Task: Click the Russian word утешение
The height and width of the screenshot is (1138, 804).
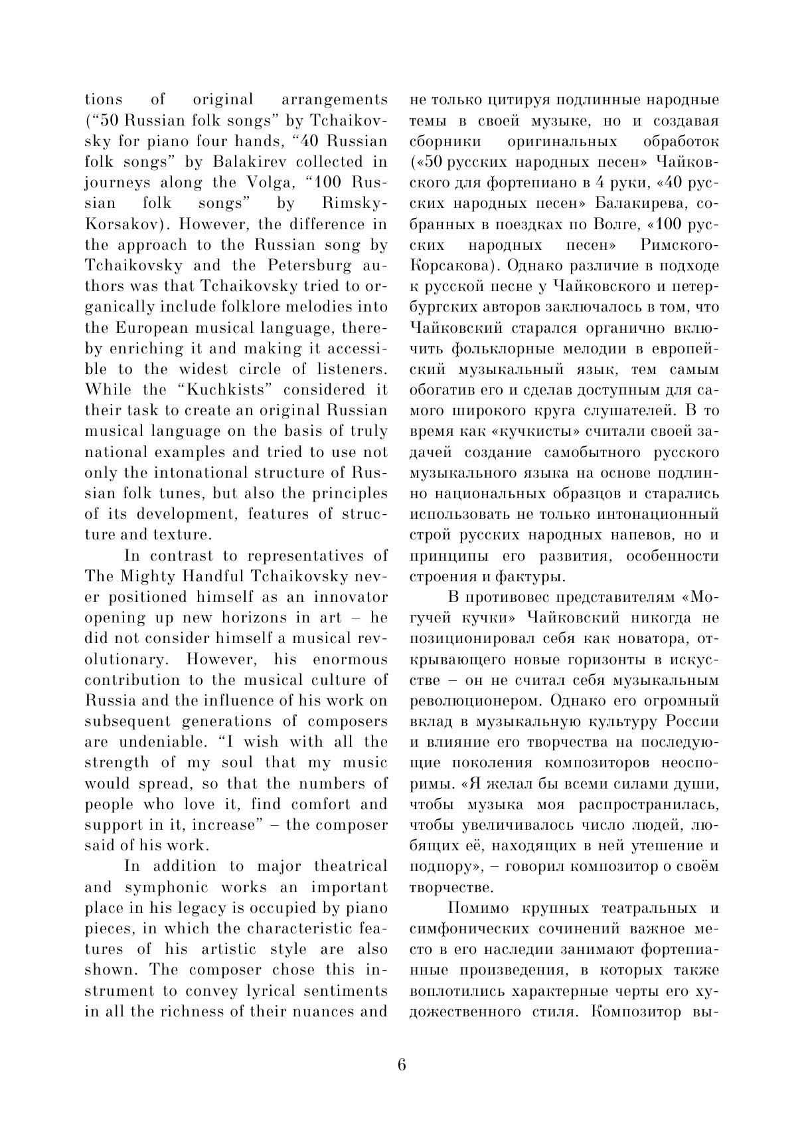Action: click(665, 846)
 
